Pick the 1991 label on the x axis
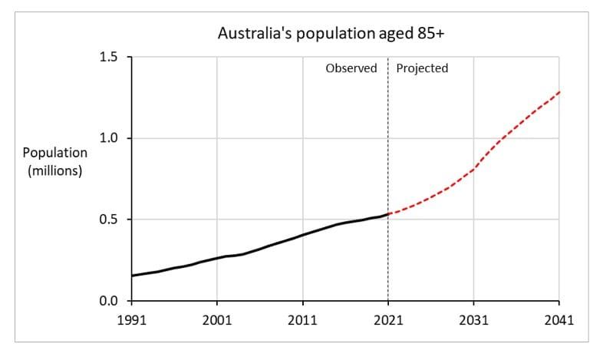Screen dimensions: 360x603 (131, 319)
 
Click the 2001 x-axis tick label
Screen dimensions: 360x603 (216, 319)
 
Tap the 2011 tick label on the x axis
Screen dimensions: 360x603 (302, 319)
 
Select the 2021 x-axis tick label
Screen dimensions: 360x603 (388, 319)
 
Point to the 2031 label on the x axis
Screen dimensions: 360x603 (473, 319)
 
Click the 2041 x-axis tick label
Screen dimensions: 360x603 (559, 319)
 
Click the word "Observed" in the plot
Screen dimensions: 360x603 (351, 68)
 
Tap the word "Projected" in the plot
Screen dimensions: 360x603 (422, 68)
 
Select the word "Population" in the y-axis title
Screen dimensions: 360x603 (54, 154)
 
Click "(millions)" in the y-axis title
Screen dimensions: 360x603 (54, 170)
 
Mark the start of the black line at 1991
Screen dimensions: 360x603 (132, 276)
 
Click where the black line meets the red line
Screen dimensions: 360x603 (388, 214)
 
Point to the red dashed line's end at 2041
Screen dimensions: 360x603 (559, 92)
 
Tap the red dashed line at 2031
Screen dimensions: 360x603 (473, 169)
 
